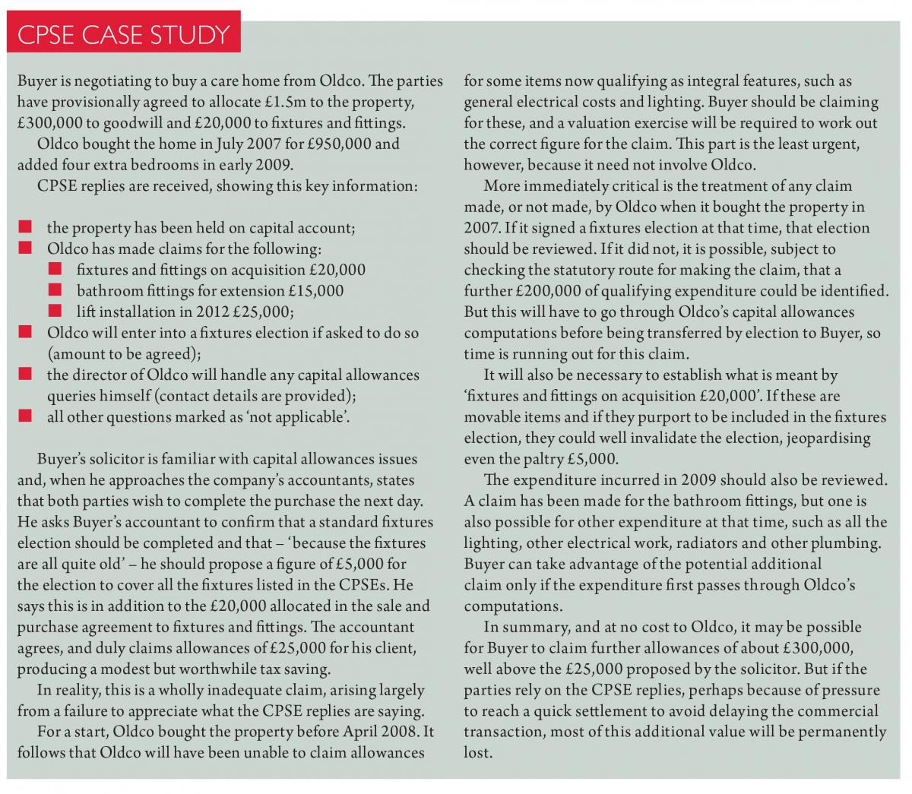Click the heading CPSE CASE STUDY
[123, 35]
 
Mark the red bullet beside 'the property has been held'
[25, 227]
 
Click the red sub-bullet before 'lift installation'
[55, 311]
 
